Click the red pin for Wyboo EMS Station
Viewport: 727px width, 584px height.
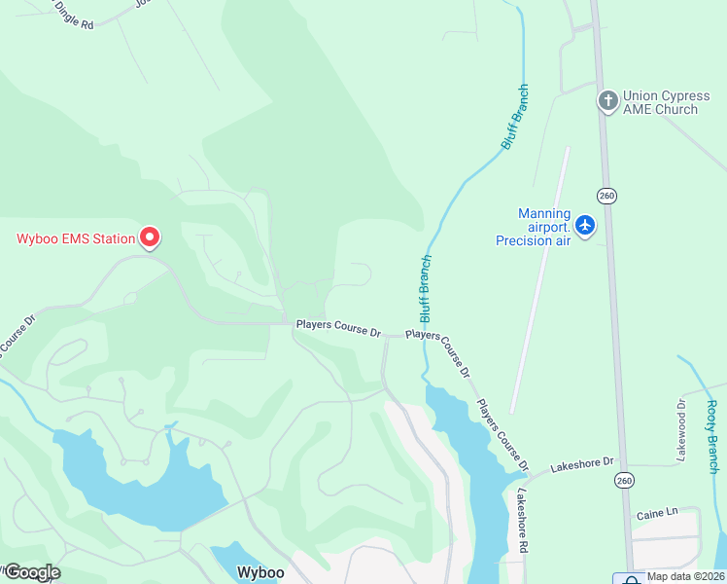[150, 237]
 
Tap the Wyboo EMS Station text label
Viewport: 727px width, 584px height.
[76, 238]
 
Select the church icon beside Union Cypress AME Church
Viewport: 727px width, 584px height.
[607, 100]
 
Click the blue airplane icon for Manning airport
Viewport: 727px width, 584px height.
[584, 226]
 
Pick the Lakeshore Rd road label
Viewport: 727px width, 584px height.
[522, 522]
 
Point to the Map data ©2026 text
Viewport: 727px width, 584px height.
[685, 576]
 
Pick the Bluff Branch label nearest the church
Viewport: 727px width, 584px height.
[515, 117]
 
